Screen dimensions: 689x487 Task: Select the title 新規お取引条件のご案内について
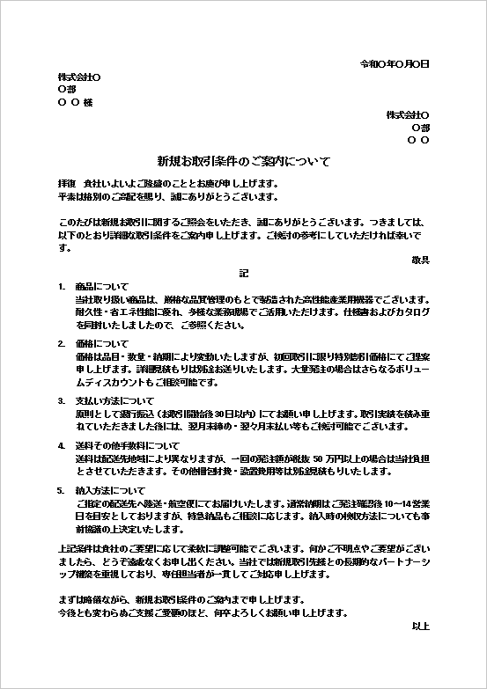[x=243, y=162]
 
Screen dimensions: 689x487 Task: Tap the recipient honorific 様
[x=87, y=102]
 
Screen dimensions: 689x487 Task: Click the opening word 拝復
[x=68, y=183]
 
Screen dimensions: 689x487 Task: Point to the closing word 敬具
[x=420, y=260]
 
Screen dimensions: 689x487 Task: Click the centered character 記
[x=244, y=273]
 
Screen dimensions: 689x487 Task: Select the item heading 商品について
[x=101, y=287]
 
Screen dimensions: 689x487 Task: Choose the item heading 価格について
[x=101, y=344]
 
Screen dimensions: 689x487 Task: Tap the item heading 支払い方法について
[x=109, y=401]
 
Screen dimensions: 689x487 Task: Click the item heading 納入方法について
[x=109, y=490]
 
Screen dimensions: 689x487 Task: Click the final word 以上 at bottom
[x=420, y=626]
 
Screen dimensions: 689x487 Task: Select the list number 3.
[x=61, y=401]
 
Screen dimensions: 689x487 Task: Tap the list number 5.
[x=61, y=490]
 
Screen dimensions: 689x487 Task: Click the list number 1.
[x=61, y=287]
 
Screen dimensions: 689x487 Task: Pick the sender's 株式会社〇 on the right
[x=407, y=115]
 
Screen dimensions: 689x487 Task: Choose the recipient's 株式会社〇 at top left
[x=79, y=77]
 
